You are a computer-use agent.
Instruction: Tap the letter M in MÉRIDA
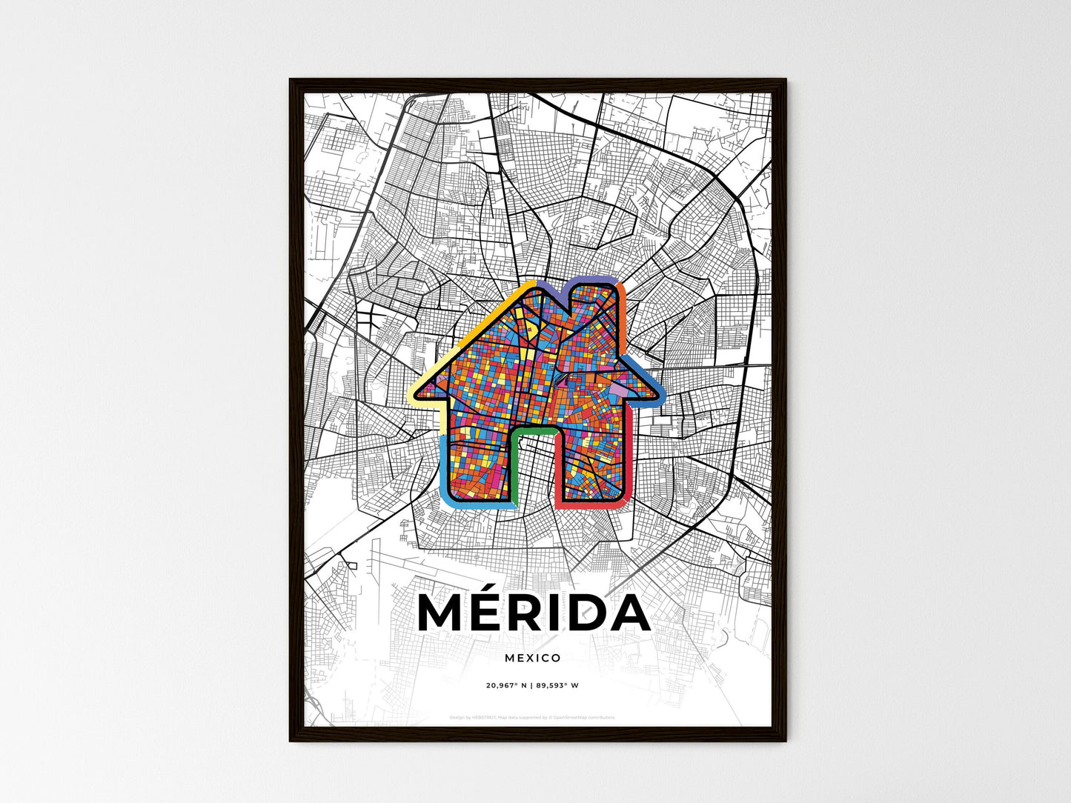point(445,613)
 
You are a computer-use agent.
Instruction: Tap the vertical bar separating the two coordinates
point(531,685)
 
